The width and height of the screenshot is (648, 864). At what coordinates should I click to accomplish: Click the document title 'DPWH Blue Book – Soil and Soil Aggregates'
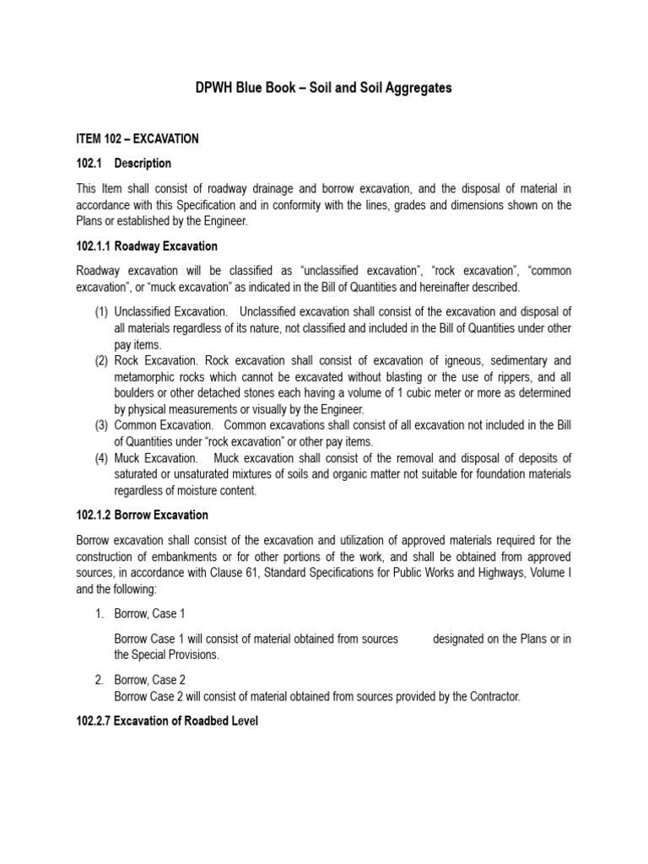[324, 89]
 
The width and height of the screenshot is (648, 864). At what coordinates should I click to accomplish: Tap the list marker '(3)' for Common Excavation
[101, 425]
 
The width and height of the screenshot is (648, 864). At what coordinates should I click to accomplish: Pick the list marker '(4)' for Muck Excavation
[101, 458]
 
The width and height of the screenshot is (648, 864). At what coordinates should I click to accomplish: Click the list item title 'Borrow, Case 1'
[149, 613]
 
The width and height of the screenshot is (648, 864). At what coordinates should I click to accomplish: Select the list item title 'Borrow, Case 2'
[149, 680]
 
